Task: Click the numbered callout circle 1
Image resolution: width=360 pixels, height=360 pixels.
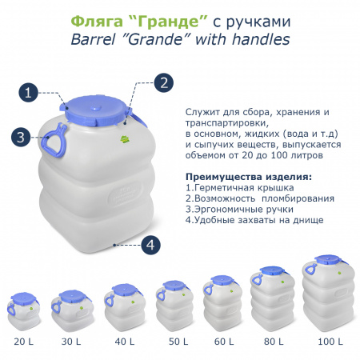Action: (x=30, y=93)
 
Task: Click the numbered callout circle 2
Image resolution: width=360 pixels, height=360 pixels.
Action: (x=162, y=82)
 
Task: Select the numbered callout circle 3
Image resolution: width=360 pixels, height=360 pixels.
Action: (x=21, y=137)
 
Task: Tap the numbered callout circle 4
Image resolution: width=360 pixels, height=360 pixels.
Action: (x=150, y=246)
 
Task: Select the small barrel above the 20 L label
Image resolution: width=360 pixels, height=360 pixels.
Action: (x=23, y=311)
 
